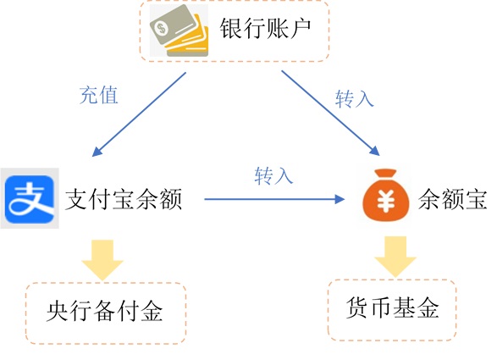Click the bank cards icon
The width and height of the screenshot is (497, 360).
pyautogui.click(x=179, y=30)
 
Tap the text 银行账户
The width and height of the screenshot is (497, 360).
pyautogui.click(x=265, y=28)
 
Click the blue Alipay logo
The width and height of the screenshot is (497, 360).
pyautogui.click(x=30, y=199)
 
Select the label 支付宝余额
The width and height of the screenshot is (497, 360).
pyautogui.click(x=124, y=200)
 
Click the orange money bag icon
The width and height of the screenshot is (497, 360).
pyautogui.click(x=386, y=195)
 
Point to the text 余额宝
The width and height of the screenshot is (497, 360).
pyautogui.click(x=452, y=200)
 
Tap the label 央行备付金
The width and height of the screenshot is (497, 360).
pyautogui.click(x=105, y=311)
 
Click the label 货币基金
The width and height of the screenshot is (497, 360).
pyautogui.click(x=392, y=307)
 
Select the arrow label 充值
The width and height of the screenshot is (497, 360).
pyautogui.click(x=98, y=95)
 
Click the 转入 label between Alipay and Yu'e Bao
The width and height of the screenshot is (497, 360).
pyautogui.click(x=273, y=175)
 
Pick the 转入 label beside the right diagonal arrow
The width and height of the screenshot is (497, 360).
pyautogui.click(x=355, y=98)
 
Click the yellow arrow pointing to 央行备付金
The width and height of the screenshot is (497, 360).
pyautogui.click(x=102, y=260)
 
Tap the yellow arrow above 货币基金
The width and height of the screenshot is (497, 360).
pyautogui.click(x=395, y=257)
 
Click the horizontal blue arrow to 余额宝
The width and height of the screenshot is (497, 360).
pyautogui.click(x=274, y=199)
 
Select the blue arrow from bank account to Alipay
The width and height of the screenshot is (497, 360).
pyautogui.click(x=139, y=114)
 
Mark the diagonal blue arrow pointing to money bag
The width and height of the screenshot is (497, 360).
pyautogui.click(x=330, y=113)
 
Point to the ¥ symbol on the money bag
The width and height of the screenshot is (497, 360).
pyautogui.click(x=386, y=200)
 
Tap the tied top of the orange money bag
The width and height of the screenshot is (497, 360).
pyautogui.click(x=386, y=174)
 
